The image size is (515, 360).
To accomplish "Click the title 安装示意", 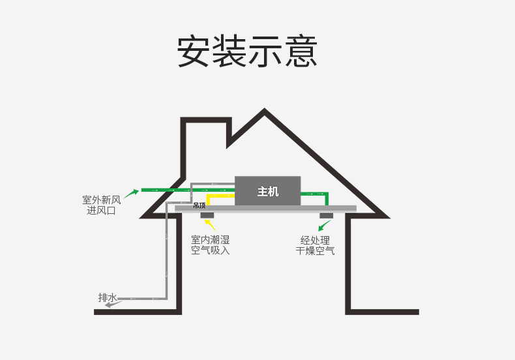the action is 247,52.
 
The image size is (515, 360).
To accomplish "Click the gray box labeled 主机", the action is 268,191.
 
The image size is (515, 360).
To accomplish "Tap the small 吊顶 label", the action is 199,205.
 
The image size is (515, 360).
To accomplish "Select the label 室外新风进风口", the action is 102,205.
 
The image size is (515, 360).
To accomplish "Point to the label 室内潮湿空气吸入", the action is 210,245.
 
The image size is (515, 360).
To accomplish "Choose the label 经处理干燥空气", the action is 315,245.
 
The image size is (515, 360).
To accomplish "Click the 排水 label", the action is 108,297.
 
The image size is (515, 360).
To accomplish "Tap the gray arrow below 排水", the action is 113,305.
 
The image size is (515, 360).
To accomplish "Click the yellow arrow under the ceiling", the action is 210,225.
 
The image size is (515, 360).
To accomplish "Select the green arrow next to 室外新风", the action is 132,194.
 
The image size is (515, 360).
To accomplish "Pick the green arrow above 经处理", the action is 325,226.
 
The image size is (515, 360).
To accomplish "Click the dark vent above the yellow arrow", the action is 207,215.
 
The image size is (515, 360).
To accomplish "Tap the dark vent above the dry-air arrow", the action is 327,215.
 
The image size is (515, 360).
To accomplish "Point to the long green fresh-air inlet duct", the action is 188,190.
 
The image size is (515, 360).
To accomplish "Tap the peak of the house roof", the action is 265,108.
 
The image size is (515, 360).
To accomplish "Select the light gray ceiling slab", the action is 265,208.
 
